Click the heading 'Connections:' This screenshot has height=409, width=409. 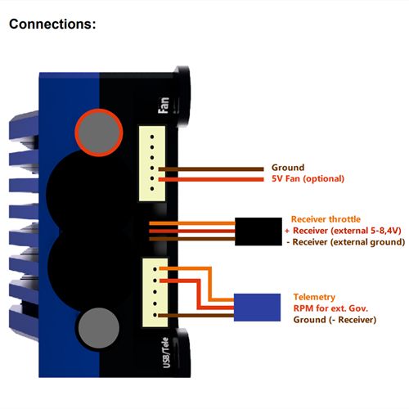coord(52,24)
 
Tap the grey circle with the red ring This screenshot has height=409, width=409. coord(99,133)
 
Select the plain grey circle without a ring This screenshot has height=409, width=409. coord(99,328)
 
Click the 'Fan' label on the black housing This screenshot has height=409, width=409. coord(164,106)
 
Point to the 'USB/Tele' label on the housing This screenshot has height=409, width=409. coord(165,353)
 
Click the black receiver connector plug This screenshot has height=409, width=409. coord(258,231)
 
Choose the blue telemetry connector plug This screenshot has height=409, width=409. coord(257,308)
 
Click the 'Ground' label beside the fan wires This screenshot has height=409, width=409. coord(288,168)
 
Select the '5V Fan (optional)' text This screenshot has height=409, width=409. coord(308,179)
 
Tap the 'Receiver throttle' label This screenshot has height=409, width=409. coord(326,219)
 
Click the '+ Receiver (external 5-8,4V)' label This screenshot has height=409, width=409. coord(343,231)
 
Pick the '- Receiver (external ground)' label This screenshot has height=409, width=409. coord(346,242)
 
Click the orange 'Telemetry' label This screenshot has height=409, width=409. coord(314,297)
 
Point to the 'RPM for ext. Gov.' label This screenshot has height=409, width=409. coord(330,308)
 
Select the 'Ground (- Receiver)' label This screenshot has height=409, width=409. coord(335,320)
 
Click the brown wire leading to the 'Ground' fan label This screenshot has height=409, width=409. coord(211,169)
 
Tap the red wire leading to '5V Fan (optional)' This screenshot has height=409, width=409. coord(211,179)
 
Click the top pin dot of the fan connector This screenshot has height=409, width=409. coord(152,137)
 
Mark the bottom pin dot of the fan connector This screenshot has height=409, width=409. coord(152,189)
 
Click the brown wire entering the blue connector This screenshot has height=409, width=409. coord(196,316)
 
